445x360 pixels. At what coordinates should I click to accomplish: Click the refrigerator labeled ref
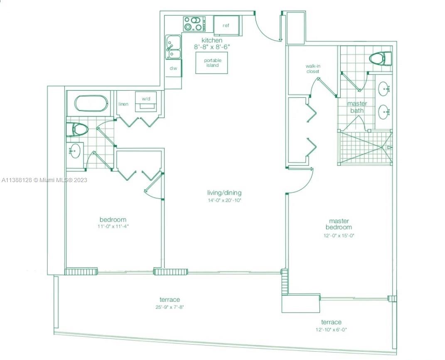228,25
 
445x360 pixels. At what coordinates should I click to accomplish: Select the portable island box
212,63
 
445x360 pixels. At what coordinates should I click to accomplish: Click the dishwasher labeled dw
174,68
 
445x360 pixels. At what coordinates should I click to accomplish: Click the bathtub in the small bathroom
91,104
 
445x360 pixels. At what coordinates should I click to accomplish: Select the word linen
123,104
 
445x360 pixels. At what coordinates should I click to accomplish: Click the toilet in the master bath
380,59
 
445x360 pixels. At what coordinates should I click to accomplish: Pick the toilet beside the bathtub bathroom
76,130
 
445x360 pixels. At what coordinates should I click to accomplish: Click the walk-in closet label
313,69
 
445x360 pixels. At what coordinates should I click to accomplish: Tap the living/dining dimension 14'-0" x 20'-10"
224,200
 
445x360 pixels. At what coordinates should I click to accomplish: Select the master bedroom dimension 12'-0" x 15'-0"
339,235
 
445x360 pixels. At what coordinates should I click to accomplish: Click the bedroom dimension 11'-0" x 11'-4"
113,227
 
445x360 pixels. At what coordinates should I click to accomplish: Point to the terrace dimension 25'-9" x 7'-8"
170,307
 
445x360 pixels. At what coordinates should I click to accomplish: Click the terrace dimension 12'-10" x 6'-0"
331,330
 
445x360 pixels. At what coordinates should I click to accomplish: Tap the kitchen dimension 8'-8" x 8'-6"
212,47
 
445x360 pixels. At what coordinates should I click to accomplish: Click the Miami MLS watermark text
44,180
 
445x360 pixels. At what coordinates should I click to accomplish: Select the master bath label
357,107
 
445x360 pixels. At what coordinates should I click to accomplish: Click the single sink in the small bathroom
75,151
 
